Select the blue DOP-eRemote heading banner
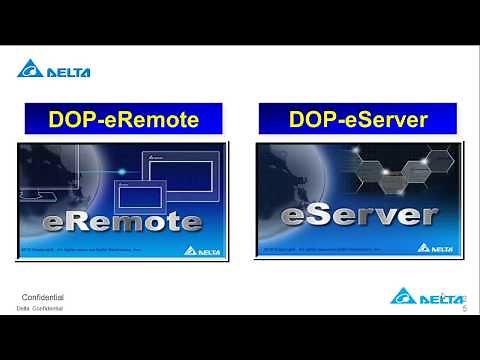tap(124, 119)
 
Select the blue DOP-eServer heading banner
tap(357, 119)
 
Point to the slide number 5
tap(464, 310)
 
